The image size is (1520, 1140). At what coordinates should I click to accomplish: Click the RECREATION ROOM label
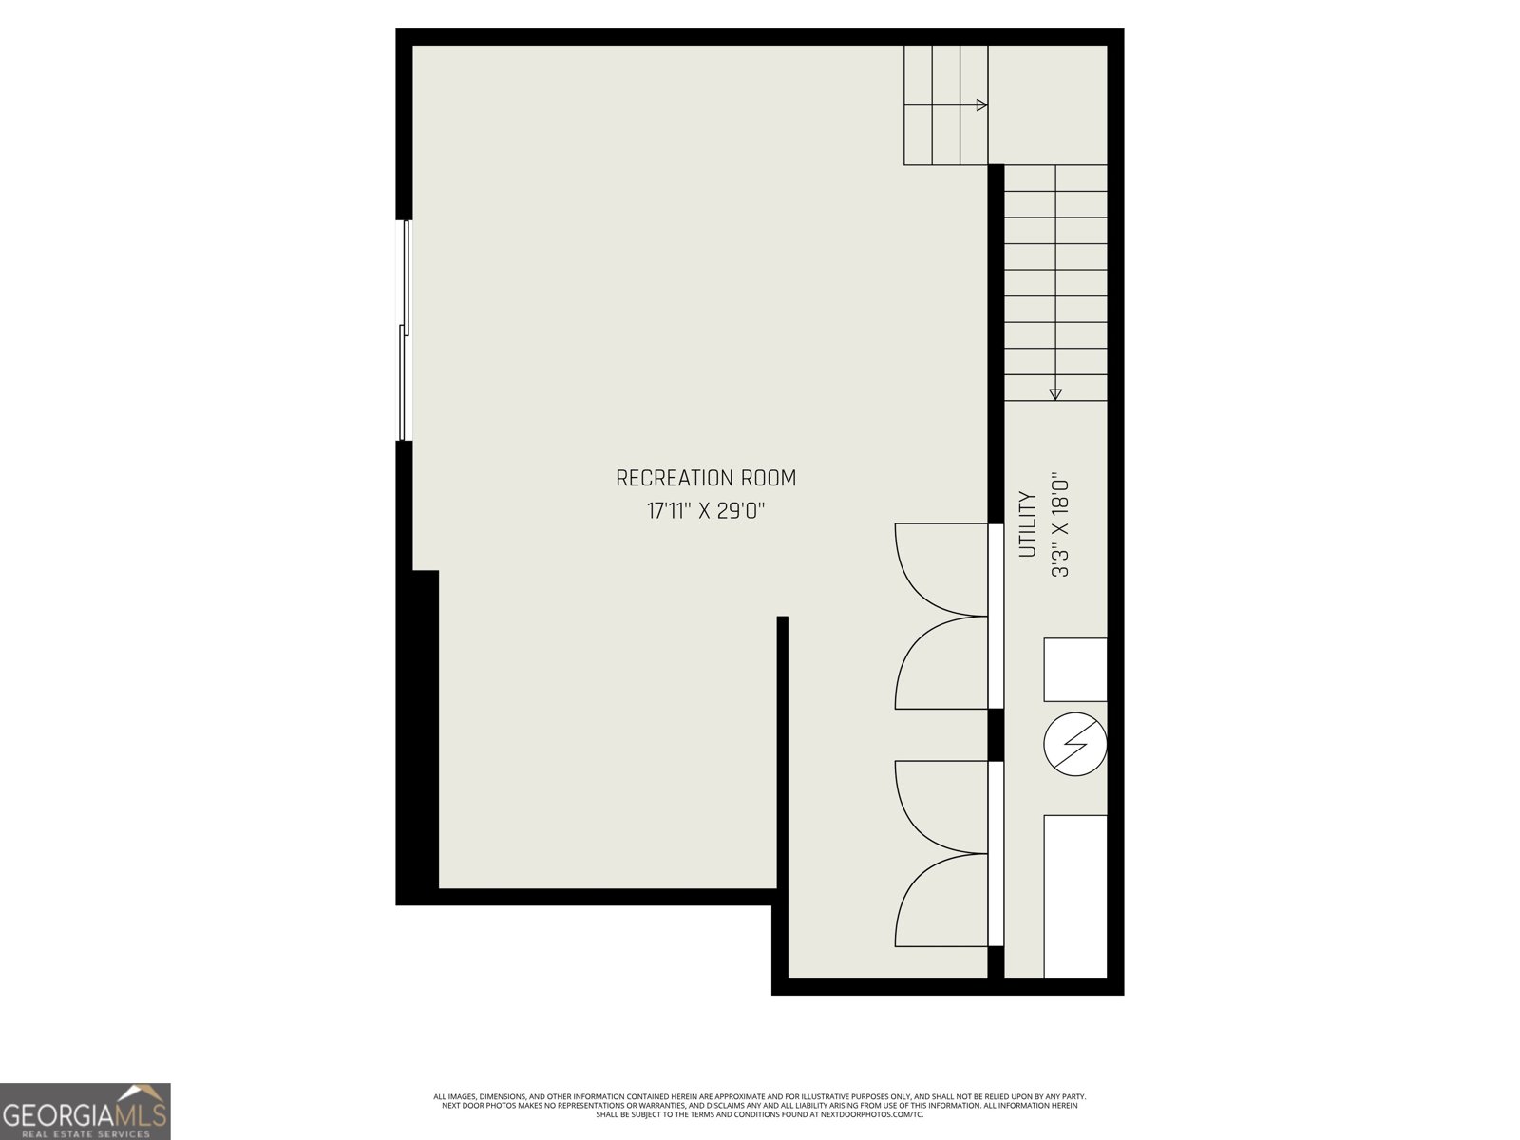[x=706, y=478]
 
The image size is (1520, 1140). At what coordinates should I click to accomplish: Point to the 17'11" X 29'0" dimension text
[x=706, y=511]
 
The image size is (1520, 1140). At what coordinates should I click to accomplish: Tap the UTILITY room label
[x=1027, y=523]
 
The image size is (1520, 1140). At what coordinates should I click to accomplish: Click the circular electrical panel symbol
[x=1075, y=745]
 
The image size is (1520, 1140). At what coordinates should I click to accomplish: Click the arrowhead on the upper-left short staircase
[x=982, y=105]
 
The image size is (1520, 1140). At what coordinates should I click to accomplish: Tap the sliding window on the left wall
[x=404, y=331]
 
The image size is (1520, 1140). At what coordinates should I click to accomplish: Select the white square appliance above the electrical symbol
[x=1075, y=670]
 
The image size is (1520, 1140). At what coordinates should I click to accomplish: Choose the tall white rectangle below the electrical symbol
[x=1075, y=896]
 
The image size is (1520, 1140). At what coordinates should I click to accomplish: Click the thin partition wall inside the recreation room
[x=783, y=760]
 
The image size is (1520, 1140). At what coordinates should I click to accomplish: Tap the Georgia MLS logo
[x=85, y=1111]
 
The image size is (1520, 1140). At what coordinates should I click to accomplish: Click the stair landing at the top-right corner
[x=1048, y=104]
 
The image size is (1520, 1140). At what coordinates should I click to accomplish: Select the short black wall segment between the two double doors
[x=996, y=734]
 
